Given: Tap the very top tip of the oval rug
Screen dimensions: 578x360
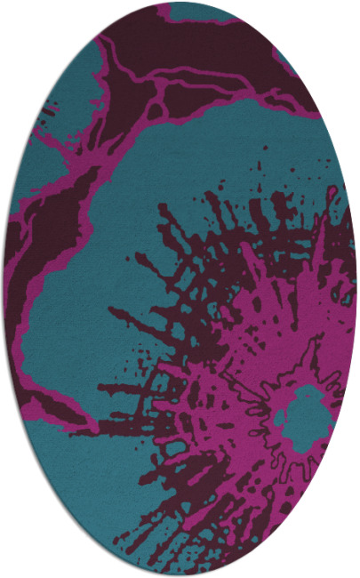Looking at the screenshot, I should [180, 2].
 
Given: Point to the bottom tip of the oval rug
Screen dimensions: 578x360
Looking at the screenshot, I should [180, 576].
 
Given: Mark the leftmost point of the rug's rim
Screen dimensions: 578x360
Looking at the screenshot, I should [3, 289].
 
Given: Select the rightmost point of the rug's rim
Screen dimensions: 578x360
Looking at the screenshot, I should [357, 289].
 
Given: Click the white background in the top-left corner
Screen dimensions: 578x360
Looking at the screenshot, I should [18, 18].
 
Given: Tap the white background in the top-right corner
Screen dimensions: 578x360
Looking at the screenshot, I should [342, 18].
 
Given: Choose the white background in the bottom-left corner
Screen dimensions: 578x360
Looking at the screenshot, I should [18, 560].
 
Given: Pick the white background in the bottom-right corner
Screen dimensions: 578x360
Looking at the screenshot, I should [342, 560].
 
